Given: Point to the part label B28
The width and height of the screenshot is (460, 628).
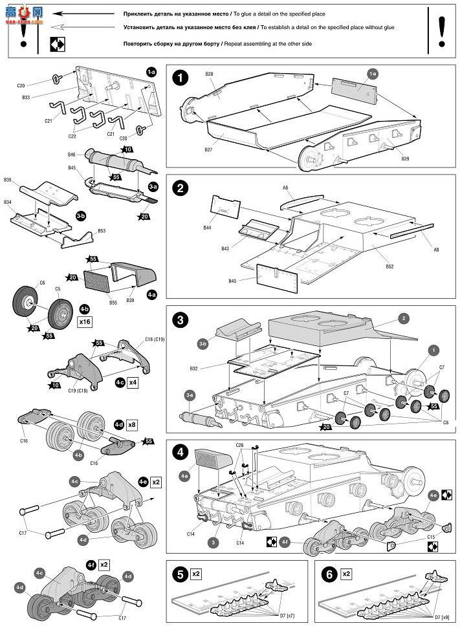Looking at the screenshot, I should (209, 74).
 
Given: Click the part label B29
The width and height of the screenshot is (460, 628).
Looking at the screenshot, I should (406, 158).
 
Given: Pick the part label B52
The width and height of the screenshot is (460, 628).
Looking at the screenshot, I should (389, 266).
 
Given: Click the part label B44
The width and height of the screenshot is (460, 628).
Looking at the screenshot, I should (207, 228).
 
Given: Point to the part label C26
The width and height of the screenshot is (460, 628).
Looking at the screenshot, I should (239, 445).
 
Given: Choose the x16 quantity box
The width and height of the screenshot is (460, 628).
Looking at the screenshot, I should (85, 321).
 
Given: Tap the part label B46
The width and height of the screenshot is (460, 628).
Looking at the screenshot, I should (72, 155).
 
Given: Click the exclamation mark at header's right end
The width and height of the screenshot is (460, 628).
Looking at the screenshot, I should (442, 29).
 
